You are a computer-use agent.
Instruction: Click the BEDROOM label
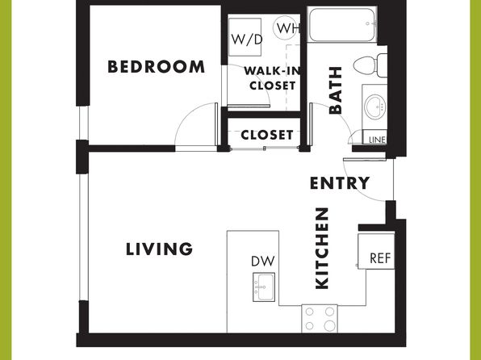[156, 67]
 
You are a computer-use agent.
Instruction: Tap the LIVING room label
[159, 249]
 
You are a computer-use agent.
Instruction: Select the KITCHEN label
[322, 249]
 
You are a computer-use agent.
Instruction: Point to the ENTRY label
[340, 183]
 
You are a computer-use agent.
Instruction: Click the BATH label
[335, 90]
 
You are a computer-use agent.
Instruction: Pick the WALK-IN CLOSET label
[272, 78]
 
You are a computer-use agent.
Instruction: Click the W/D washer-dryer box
[245, 37]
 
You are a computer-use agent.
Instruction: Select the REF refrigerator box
[376, 252]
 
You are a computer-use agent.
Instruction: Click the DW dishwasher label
[263, 261]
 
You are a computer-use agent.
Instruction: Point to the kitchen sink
[264, 287]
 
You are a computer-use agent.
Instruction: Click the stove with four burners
[320, 319]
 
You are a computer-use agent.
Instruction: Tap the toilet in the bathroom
[370, 65]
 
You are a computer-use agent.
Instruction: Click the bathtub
[342, 25]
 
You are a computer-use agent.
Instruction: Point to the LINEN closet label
[378, 140]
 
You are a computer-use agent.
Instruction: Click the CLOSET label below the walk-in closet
[267, 135]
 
